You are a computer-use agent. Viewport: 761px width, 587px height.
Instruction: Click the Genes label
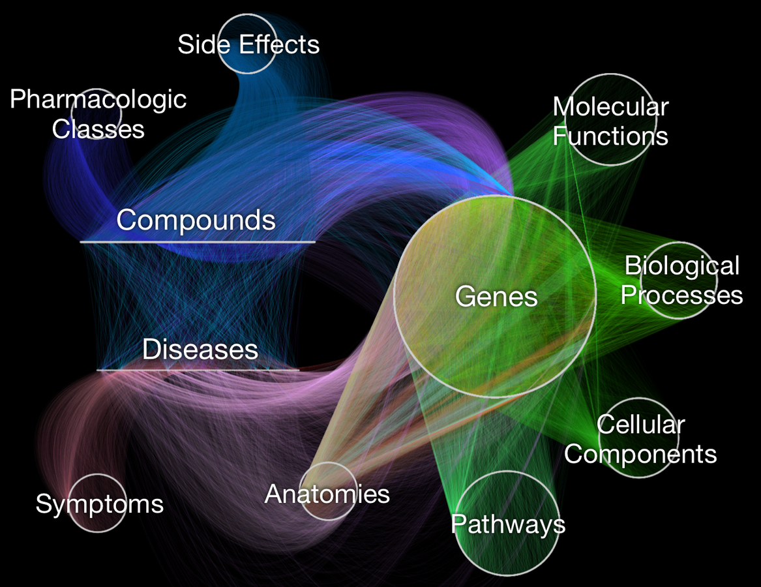tap(496, 297)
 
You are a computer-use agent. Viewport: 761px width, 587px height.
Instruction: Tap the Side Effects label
tap(248, 45)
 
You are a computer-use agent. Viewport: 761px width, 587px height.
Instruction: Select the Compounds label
tap(196, 220)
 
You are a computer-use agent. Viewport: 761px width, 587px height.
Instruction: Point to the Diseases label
tap(200, 350)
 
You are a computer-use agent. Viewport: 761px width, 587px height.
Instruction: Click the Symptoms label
tap(99, 504)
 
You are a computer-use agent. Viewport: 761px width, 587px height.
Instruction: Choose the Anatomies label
tap(327, 494)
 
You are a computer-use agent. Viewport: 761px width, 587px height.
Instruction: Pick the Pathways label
tap(507, 524)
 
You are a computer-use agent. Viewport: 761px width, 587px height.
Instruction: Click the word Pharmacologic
tap(98, 100)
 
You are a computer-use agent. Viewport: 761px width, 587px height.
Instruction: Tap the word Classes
tap(98, 128)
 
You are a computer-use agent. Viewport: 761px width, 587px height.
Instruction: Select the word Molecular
tap(611, 107)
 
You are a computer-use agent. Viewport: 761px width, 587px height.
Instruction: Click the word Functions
tap(610, 136)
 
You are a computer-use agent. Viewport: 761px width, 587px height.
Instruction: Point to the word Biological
tap(682, 266)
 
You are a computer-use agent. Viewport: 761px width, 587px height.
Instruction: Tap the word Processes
tap(681, 295)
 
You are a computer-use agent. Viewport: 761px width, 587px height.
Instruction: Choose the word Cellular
tap(640, 425)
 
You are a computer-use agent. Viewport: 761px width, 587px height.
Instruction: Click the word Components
tap(640, 454)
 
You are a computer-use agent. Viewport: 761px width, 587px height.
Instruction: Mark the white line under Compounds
tap(198, 242)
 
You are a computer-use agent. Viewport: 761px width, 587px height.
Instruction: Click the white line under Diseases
tap(198, 370)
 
